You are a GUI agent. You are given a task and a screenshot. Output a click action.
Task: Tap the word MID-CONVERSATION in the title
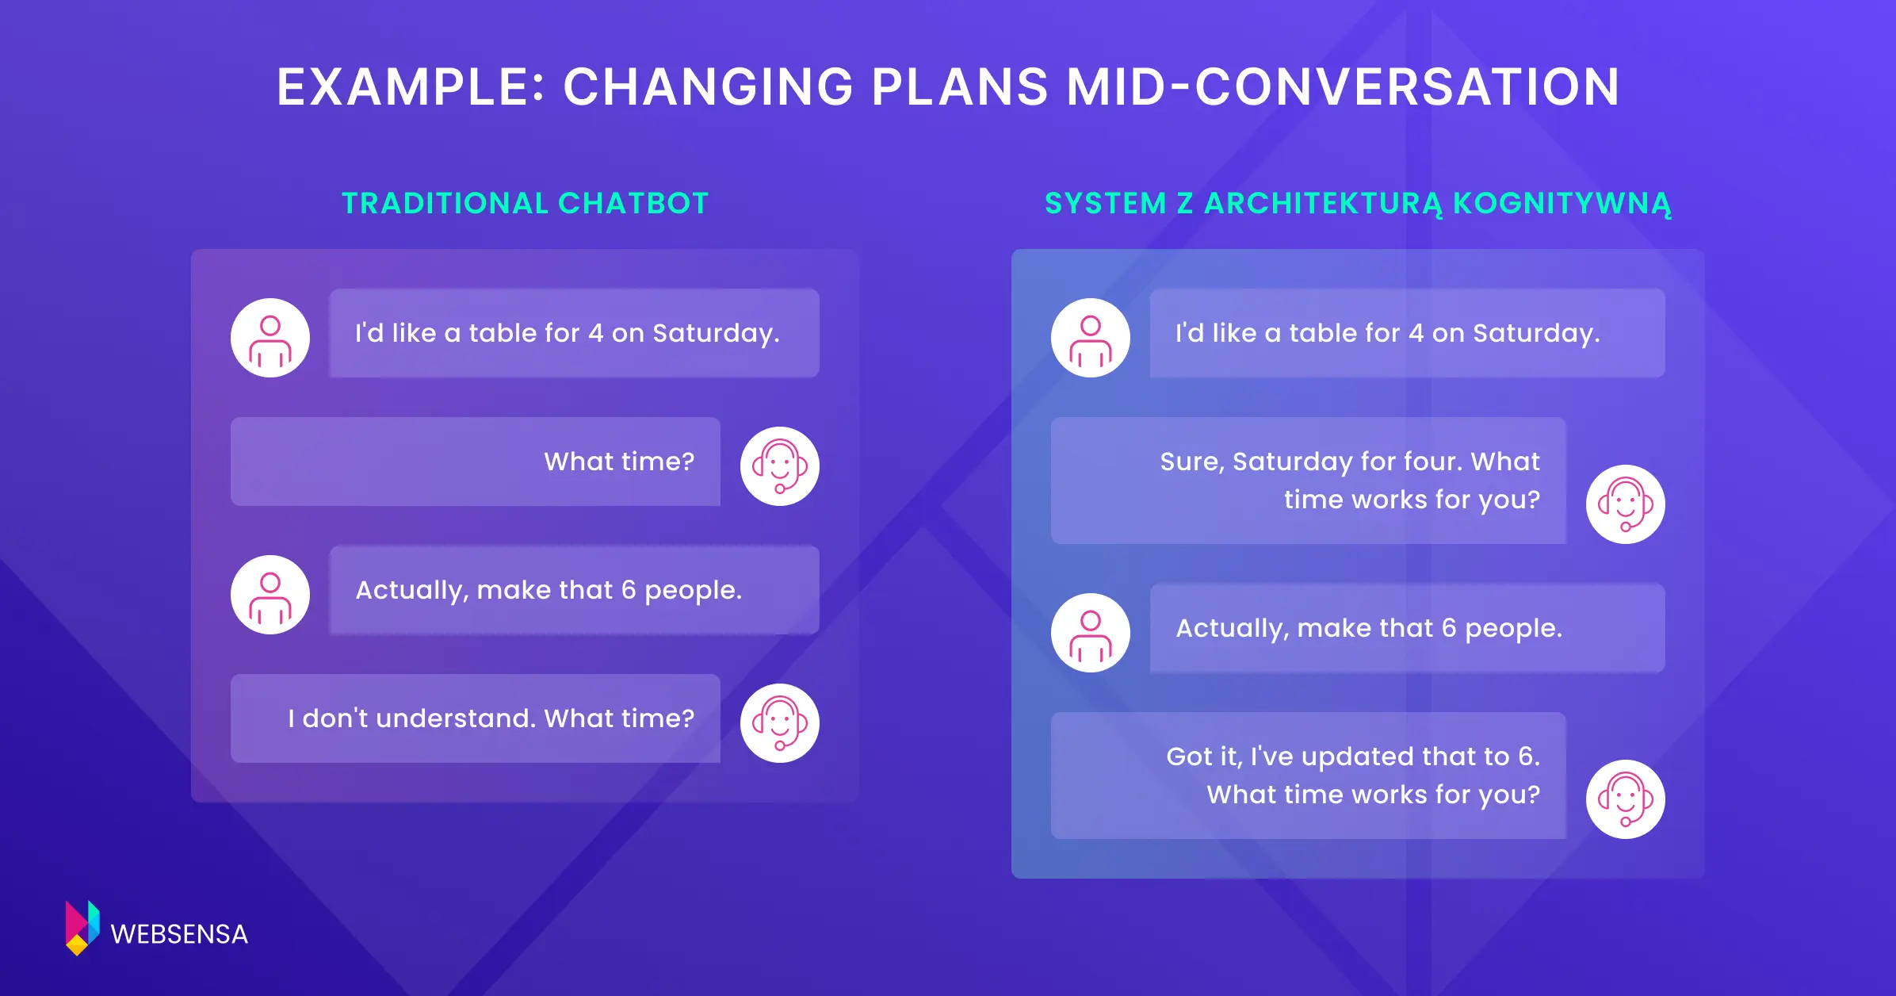click(x=1343, y=86)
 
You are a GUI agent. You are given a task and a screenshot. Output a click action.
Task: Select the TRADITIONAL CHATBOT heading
click(x=525, y=203)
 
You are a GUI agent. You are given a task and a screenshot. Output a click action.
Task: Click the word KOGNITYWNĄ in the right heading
click(x=1562, y=204)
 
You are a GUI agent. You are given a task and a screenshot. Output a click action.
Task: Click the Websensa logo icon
click(x=82, y=928)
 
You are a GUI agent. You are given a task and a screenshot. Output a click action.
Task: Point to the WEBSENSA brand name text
click(x=179, y=934)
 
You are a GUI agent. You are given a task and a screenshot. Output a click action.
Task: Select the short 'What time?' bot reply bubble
click(x=476, y=462)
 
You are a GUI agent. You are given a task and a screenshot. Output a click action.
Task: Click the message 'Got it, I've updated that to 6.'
click(x=1353, y=757)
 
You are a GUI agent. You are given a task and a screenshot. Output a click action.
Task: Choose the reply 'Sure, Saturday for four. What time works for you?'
click(x=1309, y=481)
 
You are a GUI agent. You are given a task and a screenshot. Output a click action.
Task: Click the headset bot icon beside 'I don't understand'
click(x=780, y=723)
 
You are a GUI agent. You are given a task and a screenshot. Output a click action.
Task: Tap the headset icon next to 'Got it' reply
click(x=1626, y=799)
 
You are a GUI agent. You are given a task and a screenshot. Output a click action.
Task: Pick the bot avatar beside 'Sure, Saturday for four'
click(x=1626, y=504)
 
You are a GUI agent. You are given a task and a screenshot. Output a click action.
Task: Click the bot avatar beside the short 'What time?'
click(x=780, y=466)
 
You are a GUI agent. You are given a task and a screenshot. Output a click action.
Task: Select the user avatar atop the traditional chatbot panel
click(x=270, y=338)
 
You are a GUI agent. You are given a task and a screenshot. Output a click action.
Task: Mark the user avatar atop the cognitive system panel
click(x=1091, y=338)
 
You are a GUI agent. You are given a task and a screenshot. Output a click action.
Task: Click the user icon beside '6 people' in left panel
click(x=270, y=595)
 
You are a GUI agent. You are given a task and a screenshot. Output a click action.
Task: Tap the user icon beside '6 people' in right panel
click(x=1091, y=633)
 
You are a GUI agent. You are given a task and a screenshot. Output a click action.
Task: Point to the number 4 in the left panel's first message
click(x=596, y=333)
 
